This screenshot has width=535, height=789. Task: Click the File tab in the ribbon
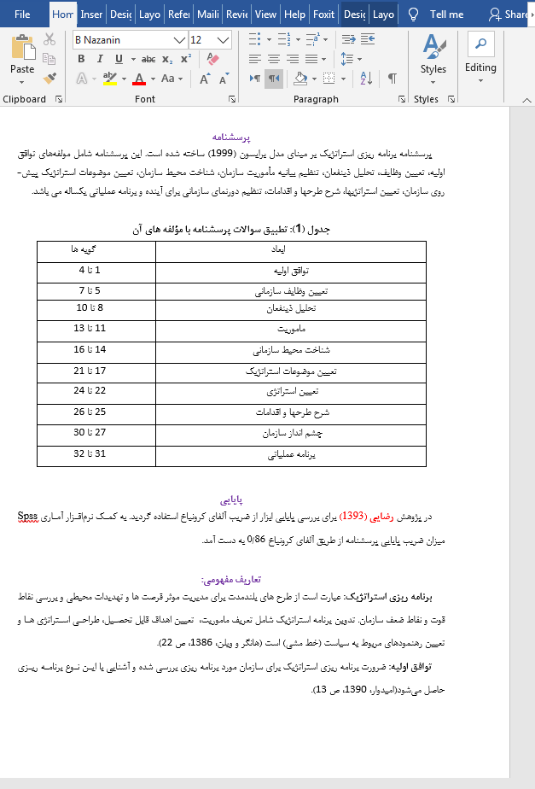coord(22,15)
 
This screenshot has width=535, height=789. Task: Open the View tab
coord(265,15)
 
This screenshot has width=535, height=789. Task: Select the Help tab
coord(294,15)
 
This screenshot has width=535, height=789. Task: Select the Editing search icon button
coord(480,44)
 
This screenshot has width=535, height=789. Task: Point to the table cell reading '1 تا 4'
coord(90,271)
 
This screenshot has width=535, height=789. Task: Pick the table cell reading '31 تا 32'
coord(90,453)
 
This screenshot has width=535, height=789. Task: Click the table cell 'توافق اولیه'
coord(290,271)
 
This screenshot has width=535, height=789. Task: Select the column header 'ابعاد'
coord(290,249)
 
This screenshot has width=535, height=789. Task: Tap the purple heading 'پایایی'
coord(233,498)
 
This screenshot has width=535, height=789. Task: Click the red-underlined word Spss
coord(29,517)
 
